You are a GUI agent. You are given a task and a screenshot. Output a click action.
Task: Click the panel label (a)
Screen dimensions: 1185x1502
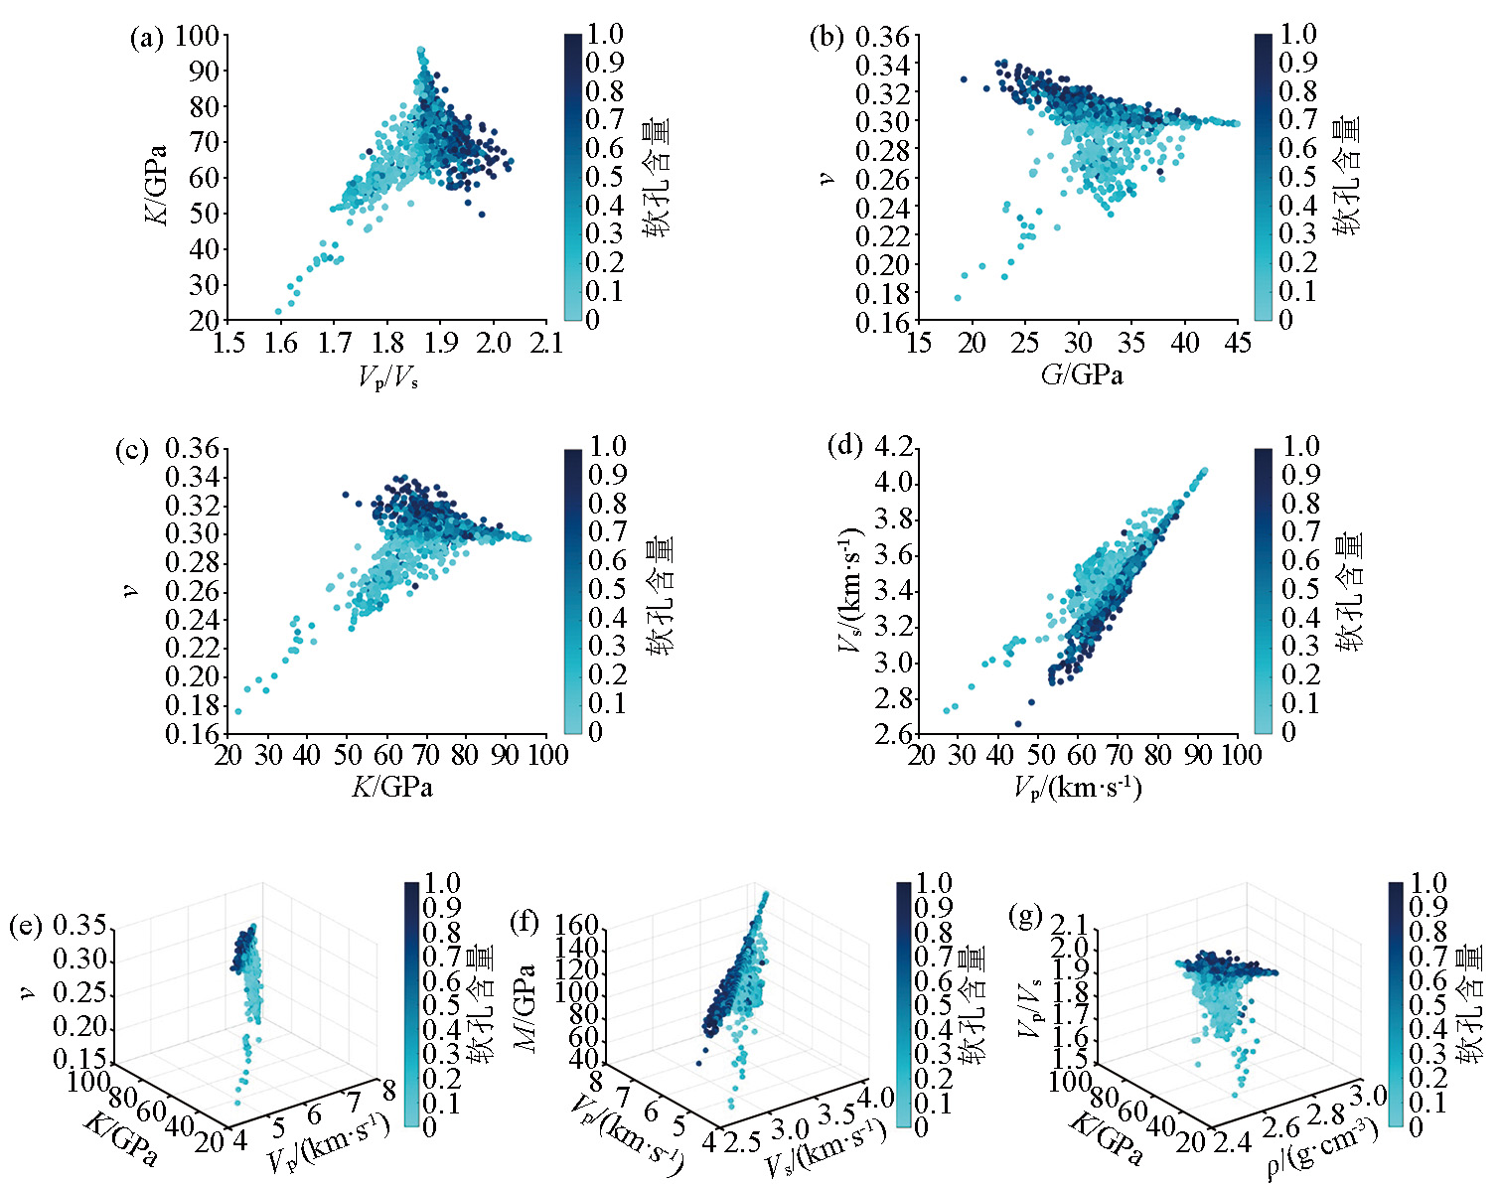click(145, 39)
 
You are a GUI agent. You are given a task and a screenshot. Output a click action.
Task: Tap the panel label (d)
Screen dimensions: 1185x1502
click(844, 446)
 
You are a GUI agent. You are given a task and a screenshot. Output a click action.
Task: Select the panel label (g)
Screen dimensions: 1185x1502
click(1024, 914)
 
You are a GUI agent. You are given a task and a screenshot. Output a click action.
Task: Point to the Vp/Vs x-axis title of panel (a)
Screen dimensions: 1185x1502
click(388, 376)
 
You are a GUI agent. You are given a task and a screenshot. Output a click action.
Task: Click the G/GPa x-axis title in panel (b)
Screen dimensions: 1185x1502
click(1078, 374)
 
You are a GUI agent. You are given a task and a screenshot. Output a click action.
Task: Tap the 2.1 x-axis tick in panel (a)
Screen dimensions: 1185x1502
click(545, 344)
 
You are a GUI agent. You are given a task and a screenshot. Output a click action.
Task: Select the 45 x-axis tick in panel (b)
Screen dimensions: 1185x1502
click(1237, 344)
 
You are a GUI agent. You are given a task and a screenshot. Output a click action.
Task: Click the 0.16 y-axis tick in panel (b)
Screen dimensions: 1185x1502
click(882, 322)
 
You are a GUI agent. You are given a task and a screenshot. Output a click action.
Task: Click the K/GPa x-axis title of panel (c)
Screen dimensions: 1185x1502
click(391, 787)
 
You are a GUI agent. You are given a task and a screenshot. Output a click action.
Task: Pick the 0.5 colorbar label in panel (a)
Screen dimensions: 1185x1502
click(604, 177)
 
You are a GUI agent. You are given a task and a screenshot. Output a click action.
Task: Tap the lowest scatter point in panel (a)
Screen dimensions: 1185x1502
click(278, 312)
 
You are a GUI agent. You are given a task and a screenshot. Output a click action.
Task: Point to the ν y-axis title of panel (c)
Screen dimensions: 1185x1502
click(130, 590)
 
